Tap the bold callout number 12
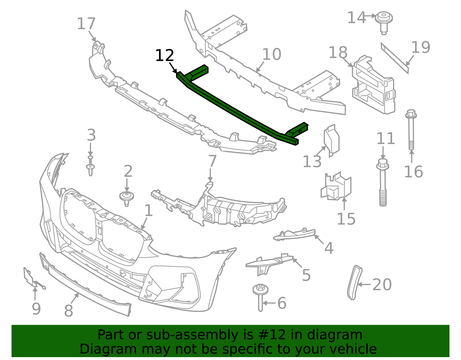click(165, 56)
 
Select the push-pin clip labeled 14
click(384, 23)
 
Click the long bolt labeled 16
click(411, 130)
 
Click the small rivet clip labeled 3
click(90, 166)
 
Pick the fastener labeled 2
click(127, 199)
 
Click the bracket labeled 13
click(331, 140)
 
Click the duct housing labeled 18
click(373, 85)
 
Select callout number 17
click(86, 24)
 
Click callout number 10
click(272, 54)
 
